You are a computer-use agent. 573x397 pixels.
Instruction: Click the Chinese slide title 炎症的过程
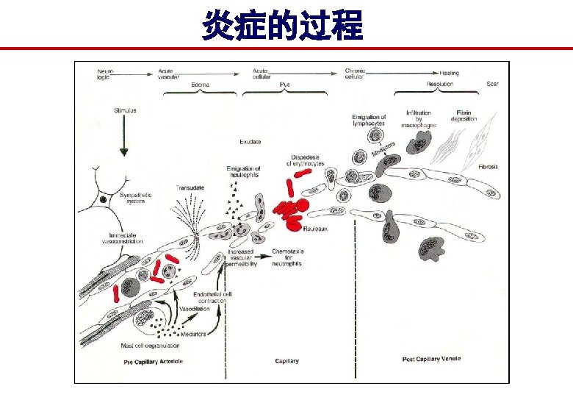coord(284,26)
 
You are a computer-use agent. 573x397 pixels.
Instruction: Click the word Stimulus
coord(125,110)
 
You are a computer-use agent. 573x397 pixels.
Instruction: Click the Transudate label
coord(190,187)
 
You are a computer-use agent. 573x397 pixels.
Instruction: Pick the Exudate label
coord(251,140)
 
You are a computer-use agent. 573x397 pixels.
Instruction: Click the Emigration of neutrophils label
coord(243,172)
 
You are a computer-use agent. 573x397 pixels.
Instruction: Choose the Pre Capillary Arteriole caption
coord(153,361)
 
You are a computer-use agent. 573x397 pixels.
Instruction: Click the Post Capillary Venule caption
coord(431,360)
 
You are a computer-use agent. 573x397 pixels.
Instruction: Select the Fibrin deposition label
coord(464,116)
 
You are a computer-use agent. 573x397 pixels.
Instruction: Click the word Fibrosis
coord(489,167)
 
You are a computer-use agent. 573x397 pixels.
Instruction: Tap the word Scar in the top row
coord(492,84)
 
